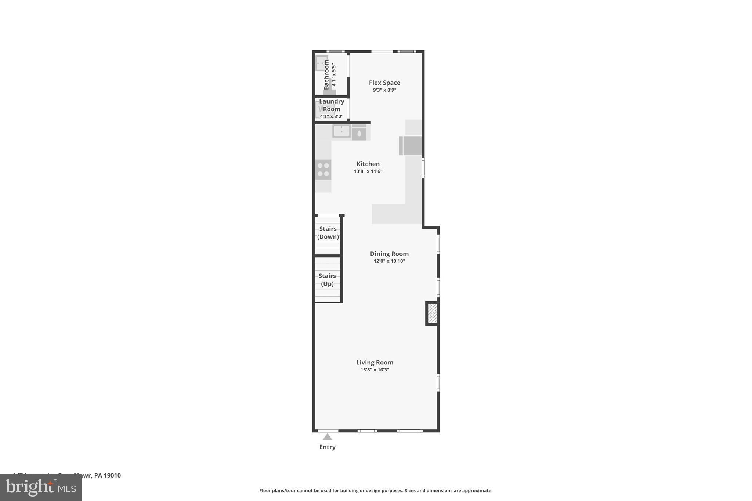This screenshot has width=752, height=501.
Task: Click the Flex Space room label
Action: (384, 83)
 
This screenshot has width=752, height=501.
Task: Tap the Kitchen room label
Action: (368, 164)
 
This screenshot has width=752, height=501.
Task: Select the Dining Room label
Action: (389, 254)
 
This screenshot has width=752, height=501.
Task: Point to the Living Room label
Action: (375, 362)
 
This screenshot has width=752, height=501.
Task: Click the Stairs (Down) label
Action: (328, 233)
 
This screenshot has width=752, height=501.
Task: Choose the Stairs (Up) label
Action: (327, 280)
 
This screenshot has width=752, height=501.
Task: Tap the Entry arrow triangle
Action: (328, 437)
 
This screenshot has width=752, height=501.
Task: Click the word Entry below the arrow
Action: (328, 447)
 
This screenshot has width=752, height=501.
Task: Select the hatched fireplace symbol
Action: (432, 313)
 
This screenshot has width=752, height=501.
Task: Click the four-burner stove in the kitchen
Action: (323, 170)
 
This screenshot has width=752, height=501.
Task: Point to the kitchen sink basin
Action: (341, 131)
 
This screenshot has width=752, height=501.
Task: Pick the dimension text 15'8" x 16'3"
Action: (375, 370)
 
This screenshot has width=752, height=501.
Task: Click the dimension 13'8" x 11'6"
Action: (368, 171)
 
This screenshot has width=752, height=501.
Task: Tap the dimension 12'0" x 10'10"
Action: (389, 261)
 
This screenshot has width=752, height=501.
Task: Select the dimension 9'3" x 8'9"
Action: (384, 90)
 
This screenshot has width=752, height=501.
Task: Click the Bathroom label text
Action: (326, 75)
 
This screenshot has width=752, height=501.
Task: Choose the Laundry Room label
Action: (332, 105)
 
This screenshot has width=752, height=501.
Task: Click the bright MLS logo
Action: (41, 487)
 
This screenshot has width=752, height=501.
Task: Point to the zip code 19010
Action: (112, 475)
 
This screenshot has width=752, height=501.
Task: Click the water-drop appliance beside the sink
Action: (359, 133)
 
